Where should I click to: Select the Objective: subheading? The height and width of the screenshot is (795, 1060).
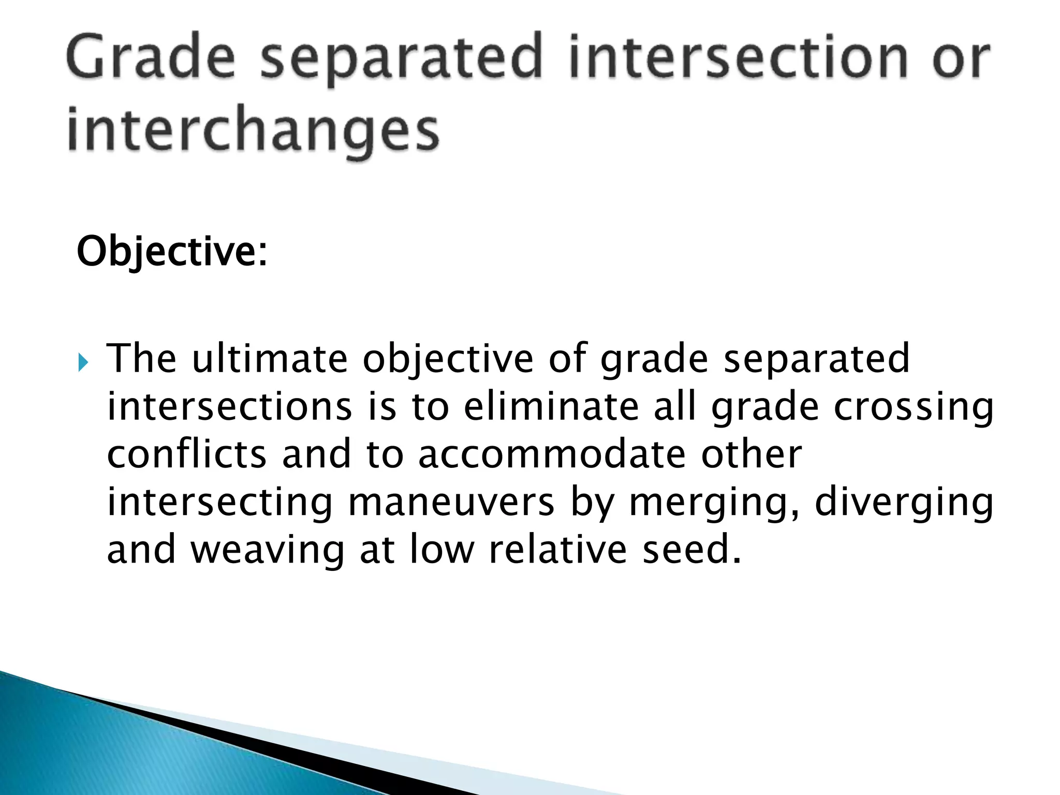click(x=172, y=252)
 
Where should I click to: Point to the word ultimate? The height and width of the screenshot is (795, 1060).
click(x=269, y=359)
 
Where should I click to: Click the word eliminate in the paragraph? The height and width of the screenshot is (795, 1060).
click(x=551, y=407)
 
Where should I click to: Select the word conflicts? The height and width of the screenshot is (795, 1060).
click(x=186, y=454)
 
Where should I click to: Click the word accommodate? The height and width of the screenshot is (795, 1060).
click(x=551, y=454)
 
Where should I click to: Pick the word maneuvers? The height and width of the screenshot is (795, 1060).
click(x=450, y=502)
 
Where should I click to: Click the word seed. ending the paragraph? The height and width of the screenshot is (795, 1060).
click(x=691, y=550)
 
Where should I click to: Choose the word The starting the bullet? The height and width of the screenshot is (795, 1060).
click(x=141, y=359)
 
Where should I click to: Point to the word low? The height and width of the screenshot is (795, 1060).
click(x=441, y=550)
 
